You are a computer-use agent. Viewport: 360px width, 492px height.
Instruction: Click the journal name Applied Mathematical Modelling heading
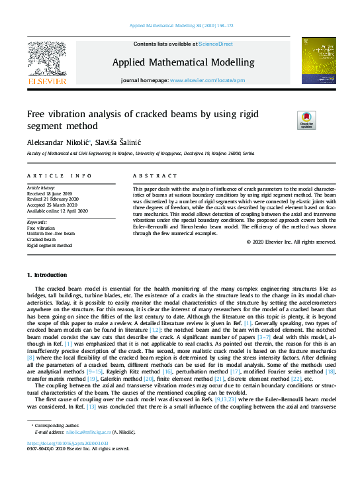point(183,62)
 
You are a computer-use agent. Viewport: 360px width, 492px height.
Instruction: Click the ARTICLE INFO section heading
point(59,175)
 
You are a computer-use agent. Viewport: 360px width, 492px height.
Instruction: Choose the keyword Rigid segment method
point(50,245)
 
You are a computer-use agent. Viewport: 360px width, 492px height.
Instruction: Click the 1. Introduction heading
point(48,274)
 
